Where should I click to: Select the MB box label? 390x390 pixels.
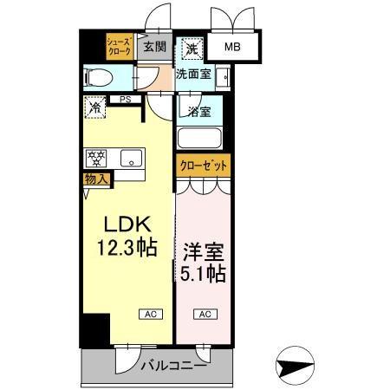click(233, 49)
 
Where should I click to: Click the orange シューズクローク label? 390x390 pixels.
click(119, 47)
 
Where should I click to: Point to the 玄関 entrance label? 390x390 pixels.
click(155, 47)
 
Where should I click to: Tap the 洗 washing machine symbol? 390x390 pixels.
click(191, 48)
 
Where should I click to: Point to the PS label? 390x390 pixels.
click(126, 101)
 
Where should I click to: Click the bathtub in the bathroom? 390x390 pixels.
click(199, 139)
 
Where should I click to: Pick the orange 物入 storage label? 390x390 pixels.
click(95, 179)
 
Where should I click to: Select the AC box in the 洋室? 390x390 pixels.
click(205, 314)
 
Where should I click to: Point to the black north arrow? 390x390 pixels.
click(296, 367)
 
